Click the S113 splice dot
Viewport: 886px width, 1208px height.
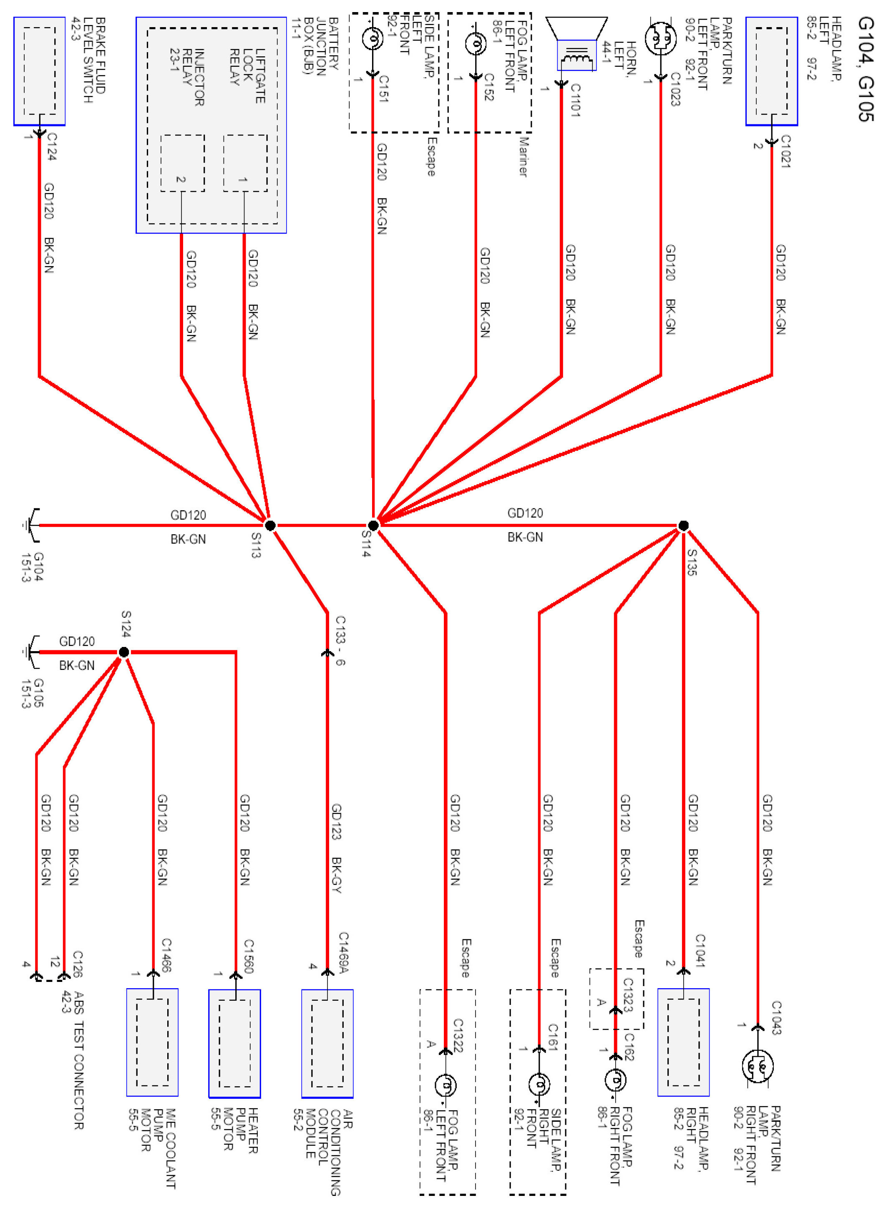coord(270,526)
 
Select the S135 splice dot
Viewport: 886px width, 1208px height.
coord(683,526)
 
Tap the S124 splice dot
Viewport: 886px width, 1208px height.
coord(124,652)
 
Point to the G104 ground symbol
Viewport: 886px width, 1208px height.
coord(31,526)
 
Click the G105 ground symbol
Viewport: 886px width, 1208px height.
coord(31,652)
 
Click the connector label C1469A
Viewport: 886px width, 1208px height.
coord(343,953)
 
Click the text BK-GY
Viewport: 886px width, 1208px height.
coord(336,875)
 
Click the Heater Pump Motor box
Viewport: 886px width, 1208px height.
coord(234,1043)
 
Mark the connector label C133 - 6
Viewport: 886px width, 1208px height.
coord(340,640)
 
